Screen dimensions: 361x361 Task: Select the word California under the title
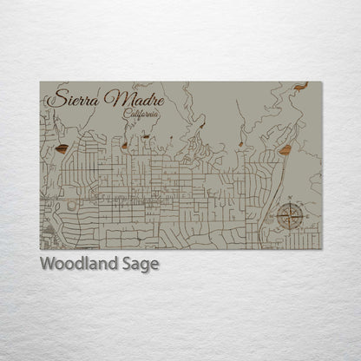141,114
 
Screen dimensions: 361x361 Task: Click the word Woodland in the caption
75,265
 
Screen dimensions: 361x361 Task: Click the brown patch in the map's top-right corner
301,87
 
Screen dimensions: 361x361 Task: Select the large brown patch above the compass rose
285,150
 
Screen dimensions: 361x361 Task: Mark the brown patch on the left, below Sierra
62,148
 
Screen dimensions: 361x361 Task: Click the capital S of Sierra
53,97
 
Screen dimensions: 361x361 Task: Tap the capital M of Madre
111,97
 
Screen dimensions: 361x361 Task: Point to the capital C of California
127,114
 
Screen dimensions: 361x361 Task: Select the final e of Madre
159,98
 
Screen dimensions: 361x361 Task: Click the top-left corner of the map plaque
40,82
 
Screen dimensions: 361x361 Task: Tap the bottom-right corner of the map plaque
321,249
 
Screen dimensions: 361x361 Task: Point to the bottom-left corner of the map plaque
40,249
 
